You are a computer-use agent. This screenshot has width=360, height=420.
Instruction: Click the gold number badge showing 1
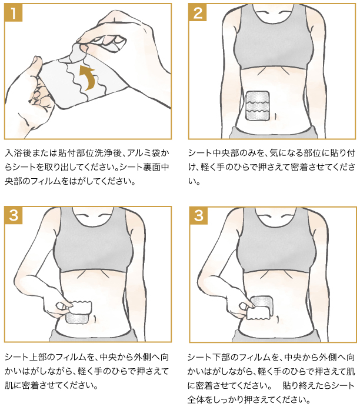pos(13,13)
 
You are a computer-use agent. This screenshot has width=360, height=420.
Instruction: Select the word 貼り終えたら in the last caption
pos(306,385)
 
